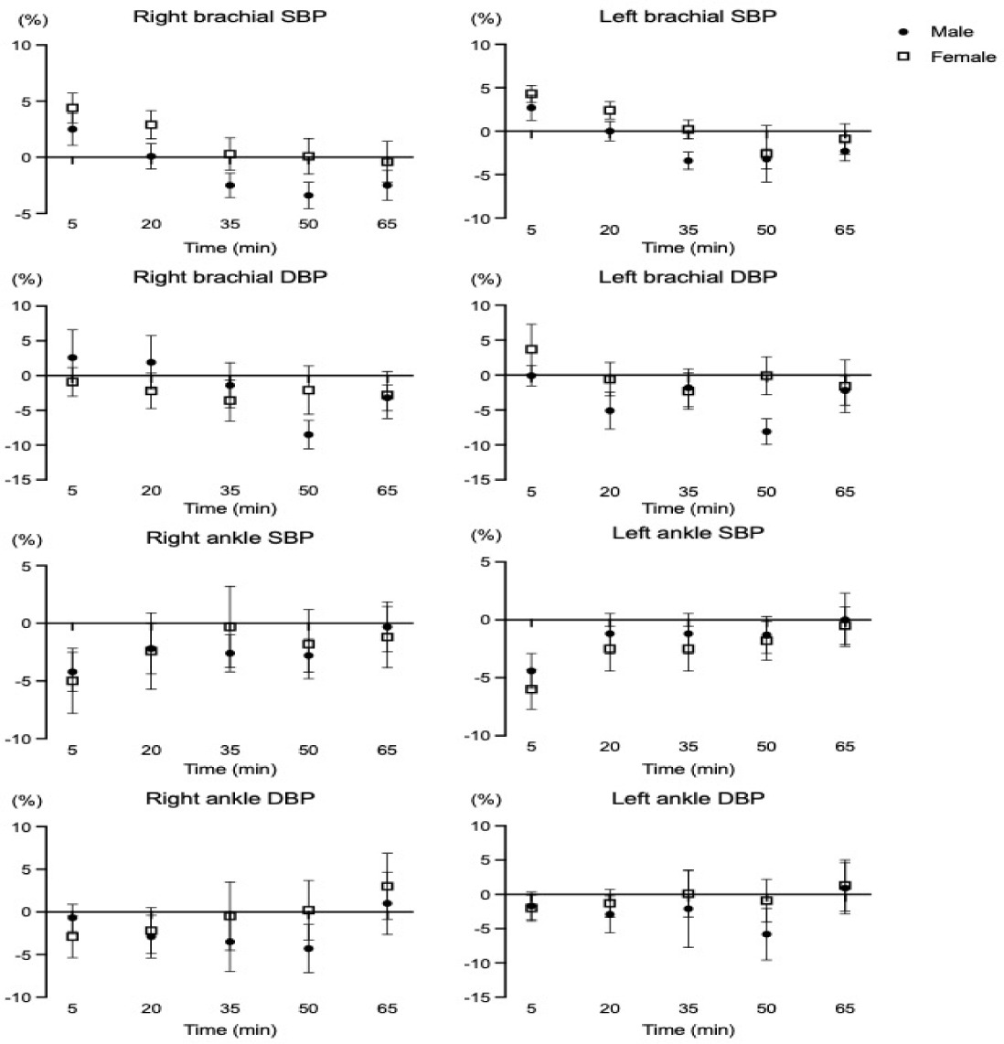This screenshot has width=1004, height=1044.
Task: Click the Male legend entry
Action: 951,32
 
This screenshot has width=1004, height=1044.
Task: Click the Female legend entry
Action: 962,57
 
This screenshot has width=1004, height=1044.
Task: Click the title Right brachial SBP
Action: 230,17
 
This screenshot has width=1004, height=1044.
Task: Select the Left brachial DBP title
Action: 688,277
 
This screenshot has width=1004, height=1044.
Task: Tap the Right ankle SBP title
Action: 230,538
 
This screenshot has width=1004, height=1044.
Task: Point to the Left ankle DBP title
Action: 688,799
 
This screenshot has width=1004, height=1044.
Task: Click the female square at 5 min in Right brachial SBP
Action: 72,108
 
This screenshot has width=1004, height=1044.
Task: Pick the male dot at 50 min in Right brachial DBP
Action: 309,434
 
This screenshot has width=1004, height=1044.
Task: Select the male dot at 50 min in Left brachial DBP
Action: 766,431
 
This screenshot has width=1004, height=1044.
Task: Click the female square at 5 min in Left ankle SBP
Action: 531,689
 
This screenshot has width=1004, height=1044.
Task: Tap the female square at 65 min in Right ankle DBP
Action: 388,886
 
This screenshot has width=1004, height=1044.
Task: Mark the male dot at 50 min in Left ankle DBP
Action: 766,934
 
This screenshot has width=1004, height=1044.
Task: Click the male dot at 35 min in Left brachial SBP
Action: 688,161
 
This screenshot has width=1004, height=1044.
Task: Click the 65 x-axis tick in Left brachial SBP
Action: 844,229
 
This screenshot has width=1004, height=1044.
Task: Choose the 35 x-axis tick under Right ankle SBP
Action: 230,750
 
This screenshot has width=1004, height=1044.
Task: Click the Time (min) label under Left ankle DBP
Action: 688,1030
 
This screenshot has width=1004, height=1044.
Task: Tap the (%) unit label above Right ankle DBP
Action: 26,801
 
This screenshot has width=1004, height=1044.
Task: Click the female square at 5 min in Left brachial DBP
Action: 531,349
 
